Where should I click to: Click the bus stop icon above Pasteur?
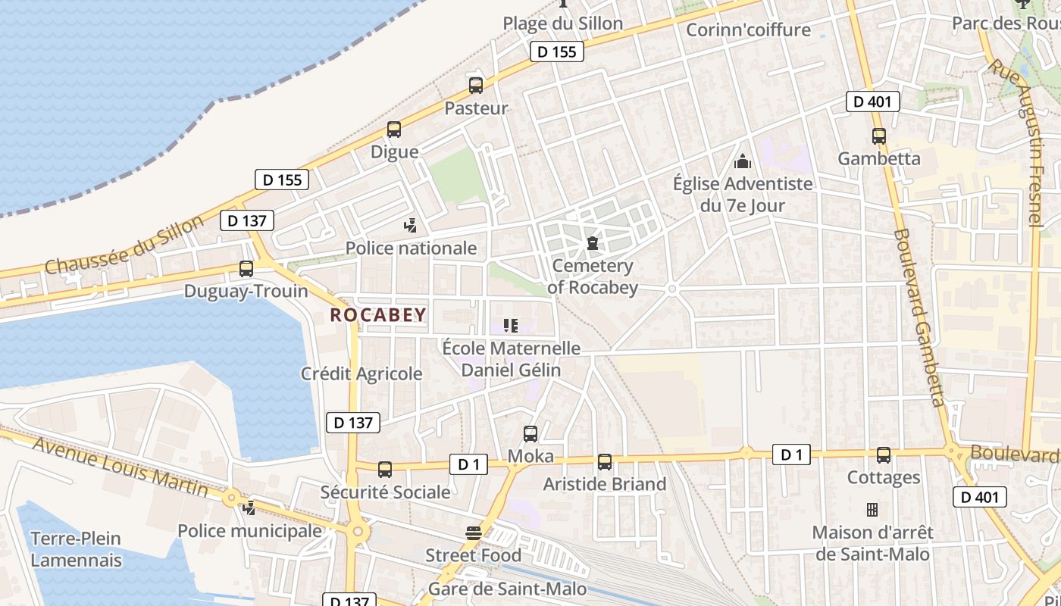(x=476, y=86)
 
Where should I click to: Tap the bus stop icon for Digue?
(x=394, y=130)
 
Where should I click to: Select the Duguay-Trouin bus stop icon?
(x=246, y=269)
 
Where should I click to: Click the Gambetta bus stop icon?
(x=879, y=137)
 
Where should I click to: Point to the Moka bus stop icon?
(x=530, y=434)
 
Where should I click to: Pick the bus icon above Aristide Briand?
(x=605, y=462)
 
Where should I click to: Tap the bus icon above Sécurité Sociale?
(x=385, y=470)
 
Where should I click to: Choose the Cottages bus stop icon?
(x=884, y=455)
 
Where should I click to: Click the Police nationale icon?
(x=410, y=225)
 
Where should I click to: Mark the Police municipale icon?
(x=249, y=508)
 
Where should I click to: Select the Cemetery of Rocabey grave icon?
(x=592, y=243)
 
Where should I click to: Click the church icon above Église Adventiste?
(x=743, y=161)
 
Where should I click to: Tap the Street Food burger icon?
(x=474, y=533)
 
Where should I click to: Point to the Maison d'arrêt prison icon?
(x=872, y=510)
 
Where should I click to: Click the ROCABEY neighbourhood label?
(x=378, y=315)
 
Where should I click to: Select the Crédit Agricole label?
(x=361, y=373)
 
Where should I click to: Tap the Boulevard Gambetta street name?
(x=919, y=318)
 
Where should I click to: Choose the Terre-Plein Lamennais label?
(x=76, y=550)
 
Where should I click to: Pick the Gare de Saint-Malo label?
(x=507, y=589)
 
